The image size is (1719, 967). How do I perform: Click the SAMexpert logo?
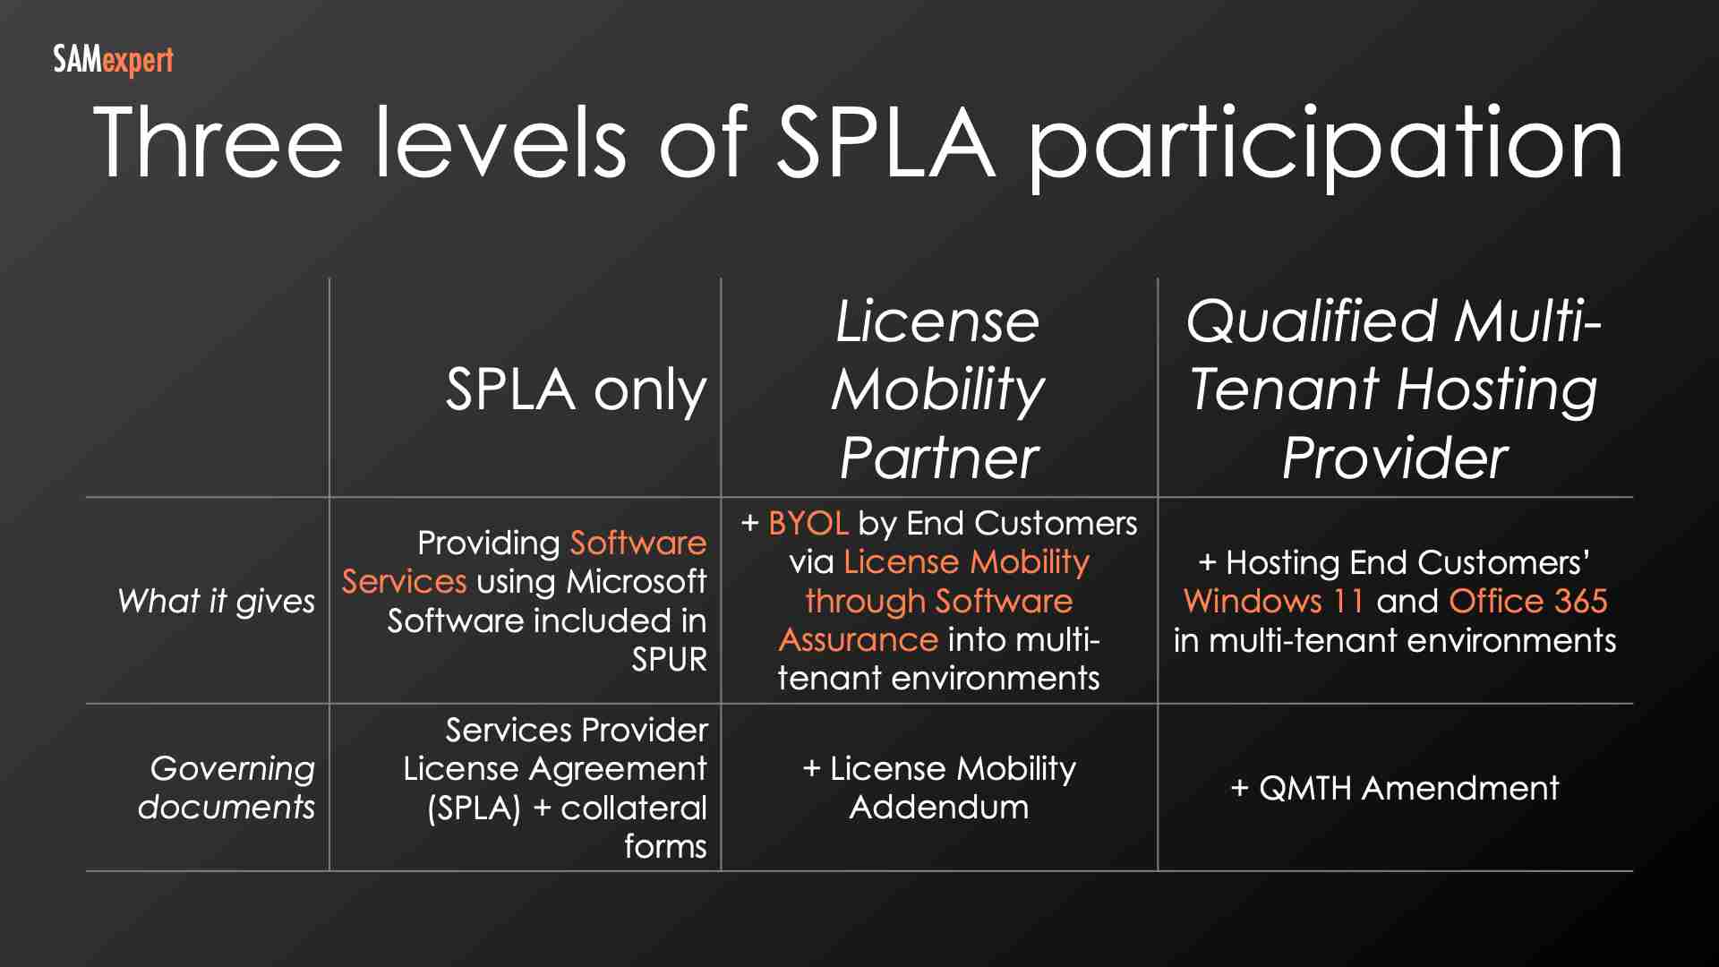pyautogui.click(x=113, y=61)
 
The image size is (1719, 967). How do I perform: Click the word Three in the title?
pyautogui.click(x=218, y=143)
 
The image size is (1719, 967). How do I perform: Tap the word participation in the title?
pyautogui.click(x=1325, y=145)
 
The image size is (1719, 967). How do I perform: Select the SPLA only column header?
pyautogui.click(x=576, y=389)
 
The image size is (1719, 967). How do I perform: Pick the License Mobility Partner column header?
pyautogui.click(x=938, y=389)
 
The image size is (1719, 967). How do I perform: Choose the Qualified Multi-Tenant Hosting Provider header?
pyautogui.click(x=1394, y=389)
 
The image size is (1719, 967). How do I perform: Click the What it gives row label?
pyautogui.click(x=216, y=601)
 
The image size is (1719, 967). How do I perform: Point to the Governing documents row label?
pyautogui.click(x=228, y=788)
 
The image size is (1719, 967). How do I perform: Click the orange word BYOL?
pyautogui.click(x=808, y=523)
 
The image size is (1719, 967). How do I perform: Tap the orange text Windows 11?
pyautogui.click(x=1273, y=601)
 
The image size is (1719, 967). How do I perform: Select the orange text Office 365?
pyautogui.click(x=1527, y=601)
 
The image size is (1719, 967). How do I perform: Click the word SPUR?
pyautogui.click(x=669, y=660)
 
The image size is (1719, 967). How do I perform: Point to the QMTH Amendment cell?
pyautogui.click(x=1394, y=788)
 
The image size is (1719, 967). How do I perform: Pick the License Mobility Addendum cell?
pyautogui.click(x=938, y=788)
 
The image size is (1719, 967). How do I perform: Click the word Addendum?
pyautogui.click(x=938, y=808)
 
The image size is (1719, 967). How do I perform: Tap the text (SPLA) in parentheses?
pyautogui.click(x=474, y=808)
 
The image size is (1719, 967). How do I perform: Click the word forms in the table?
pyautogui.click(x=665, y=846)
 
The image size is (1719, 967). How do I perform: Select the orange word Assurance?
pyautogui.click(x=858, y=639)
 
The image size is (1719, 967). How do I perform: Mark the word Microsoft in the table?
pyautogui.click(x=637, y=582)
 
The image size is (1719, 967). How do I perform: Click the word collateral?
pyautogui.click(x=633, y=808)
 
